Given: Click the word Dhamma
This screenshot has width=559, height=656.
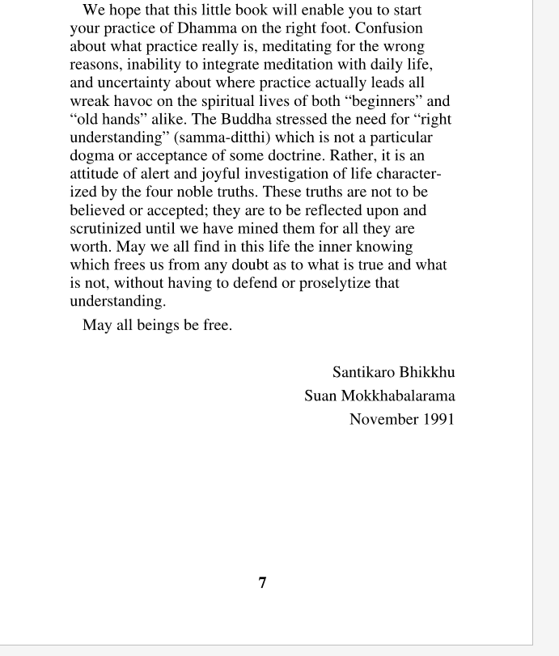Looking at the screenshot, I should pyautogui.click(x=205, y=29).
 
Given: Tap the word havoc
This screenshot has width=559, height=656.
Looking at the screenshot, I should pyautogui.click(x=133, y=101).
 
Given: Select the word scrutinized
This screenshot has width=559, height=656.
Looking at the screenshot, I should pyautogui.click(x=107, y=229).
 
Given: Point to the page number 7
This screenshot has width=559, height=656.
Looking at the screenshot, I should pyautogui.click(x=262, y=583).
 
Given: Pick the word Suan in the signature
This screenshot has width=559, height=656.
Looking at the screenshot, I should pyautogui.click(x=320, y=396).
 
